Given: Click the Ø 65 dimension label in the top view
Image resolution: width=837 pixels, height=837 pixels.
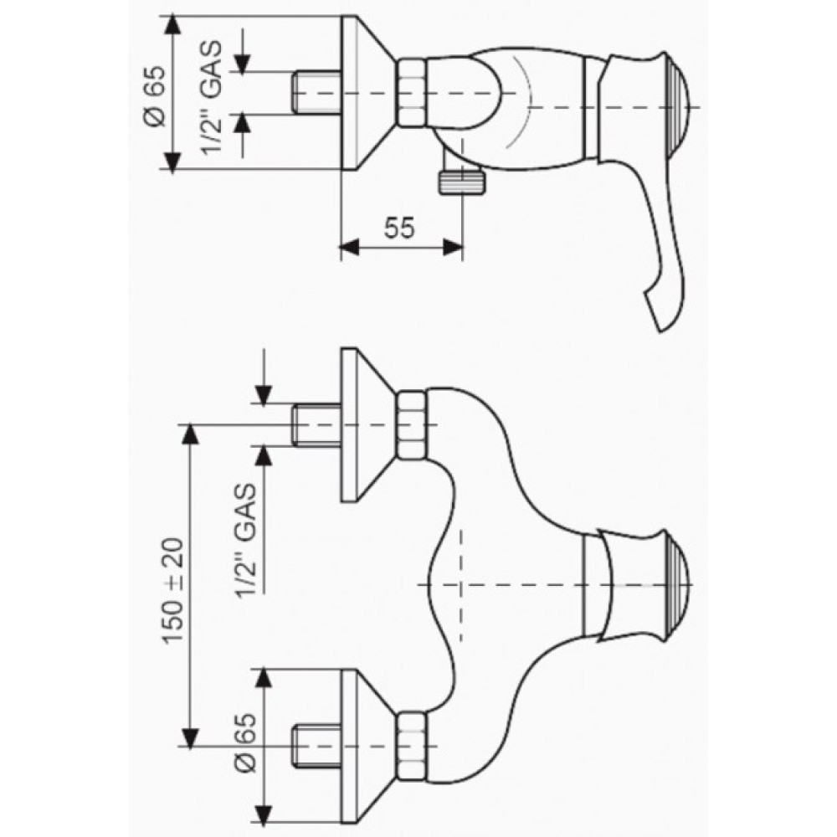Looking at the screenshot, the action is (157, 95).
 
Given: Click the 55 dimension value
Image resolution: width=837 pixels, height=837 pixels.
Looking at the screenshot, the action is (399, 228).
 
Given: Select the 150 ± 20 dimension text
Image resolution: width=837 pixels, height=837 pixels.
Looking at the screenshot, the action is (173, 590).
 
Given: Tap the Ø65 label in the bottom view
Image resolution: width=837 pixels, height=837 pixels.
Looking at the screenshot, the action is (247, 742).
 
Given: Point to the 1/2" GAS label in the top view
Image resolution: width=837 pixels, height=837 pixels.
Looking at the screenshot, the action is (212, 97).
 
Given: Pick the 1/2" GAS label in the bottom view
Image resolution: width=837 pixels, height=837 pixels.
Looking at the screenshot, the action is (247, 541).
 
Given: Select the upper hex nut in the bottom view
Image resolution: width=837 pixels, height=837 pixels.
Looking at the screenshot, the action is (412, 424).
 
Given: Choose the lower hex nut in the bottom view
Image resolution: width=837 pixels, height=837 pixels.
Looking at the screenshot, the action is (412, 746).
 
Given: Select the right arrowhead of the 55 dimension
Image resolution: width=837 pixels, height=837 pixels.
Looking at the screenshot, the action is (454, 247).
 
